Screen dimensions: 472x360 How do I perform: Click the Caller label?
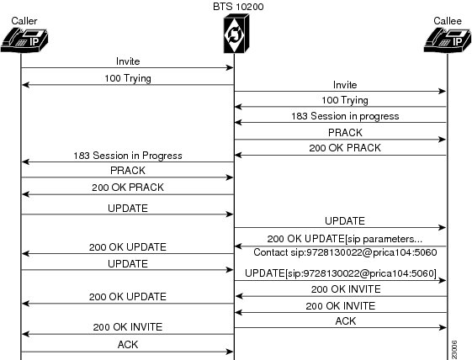pyautogui.click(x=24, y=21)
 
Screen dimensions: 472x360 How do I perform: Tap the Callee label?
pyautogui.click(x=448, y=21)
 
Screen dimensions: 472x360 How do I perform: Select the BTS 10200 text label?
pyautogui.click(x=238, y=7)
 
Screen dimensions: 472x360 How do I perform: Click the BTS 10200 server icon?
pyautogui.click(x=236, y=34)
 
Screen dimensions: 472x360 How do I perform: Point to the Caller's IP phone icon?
pyautogui.click(x=24, y=40)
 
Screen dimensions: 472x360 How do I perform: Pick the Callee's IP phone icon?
pyautogui.click(x=448, y=40)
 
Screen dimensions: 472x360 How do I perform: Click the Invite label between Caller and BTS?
pyautogui.click(x=128, y=61)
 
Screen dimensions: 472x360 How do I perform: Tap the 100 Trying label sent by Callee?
pyautogui.click(x=345, y=100)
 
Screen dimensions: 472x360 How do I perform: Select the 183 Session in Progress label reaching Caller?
pyautogui.click(x=128, y=156)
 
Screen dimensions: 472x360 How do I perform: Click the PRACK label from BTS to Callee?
pyautogui.click(x=345, y=133)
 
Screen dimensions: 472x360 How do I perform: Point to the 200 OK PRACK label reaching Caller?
pyautogui.click(x=128, y=188)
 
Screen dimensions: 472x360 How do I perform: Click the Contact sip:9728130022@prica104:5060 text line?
pyautogui.click(x=345, y=252)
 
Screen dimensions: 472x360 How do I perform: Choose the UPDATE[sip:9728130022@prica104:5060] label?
pyautogui.click(x=341, y=273)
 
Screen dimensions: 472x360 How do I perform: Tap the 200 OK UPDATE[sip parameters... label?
pyautogui.click(x=345, y=239)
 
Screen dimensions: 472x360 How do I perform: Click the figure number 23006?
pyautogui.click(x=454, y=350)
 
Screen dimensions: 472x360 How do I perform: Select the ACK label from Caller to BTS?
pyautogui.click(x=128, y=345)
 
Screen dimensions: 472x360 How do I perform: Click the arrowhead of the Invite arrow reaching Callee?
pyautogui.click(x=443, y=91)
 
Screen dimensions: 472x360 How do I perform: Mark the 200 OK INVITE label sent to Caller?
pyautogui.click(x=128, y=327)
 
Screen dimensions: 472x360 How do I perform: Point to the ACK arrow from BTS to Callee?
pyautogui.click(x=341, y=327)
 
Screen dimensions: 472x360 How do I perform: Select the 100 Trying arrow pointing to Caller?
pyautogui.click(x=128, y=85)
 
